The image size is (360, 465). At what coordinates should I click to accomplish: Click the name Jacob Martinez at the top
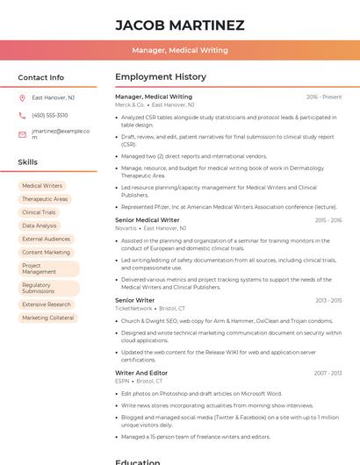coord(179,25)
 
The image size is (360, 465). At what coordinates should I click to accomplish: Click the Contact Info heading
coord(40,77)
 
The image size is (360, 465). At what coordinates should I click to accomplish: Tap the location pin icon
coord(22,97)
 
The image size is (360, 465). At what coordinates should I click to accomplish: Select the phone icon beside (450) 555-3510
coord(22,115)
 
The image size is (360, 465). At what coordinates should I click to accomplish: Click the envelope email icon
coord(22,134)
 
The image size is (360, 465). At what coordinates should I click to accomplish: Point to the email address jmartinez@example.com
coord(61,133)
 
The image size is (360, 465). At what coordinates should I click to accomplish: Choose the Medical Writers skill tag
coord(42,186)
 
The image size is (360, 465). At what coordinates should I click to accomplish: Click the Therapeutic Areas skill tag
coord(45,199)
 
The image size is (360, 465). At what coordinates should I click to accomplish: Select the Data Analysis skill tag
coord(39,225)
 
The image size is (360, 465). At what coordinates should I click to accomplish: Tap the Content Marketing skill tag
coord(46,252)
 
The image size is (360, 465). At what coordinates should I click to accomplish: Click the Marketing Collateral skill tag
coord(48,318)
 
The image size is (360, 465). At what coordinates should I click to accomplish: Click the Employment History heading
coord(160,77)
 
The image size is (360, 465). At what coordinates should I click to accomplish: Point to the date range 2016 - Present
coord(324,97)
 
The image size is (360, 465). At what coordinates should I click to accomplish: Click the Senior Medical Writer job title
coord(147,220)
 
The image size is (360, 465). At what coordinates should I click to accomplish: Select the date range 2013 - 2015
coord(328,300)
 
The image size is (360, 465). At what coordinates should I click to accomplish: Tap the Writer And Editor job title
coord(140,373)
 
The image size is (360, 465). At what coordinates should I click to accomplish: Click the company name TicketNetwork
coord(133,308)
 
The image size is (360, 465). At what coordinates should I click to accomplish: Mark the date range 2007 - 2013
coord(328,373)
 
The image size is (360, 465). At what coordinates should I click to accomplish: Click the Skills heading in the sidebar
coord(27,162)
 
